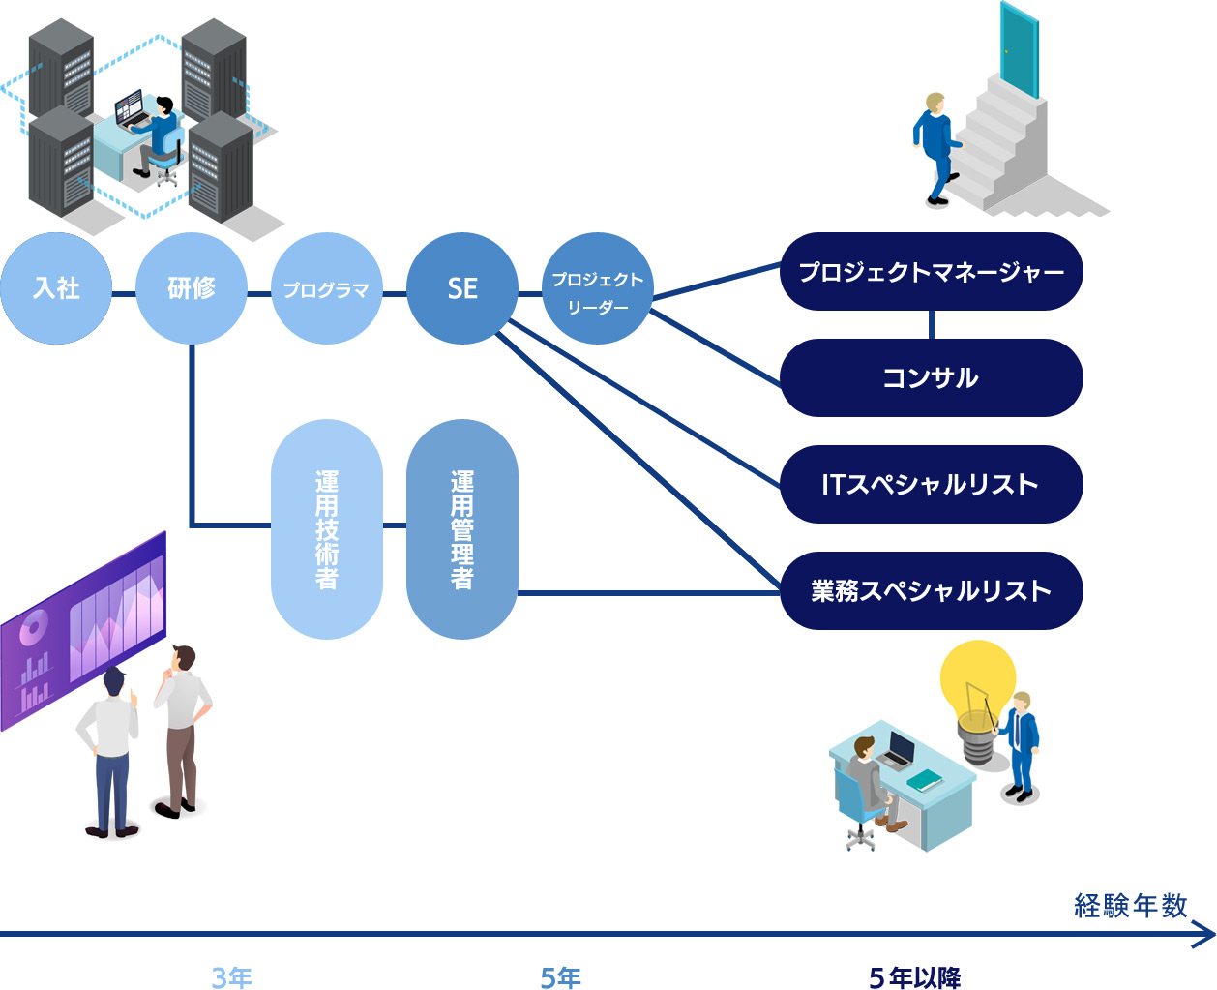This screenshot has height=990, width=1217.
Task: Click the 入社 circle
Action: click(56, 288)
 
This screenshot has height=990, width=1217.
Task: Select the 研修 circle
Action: click(192, 288)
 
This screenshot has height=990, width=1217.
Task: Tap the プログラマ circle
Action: click(327, 288)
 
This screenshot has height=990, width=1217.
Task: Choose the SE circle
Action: click(462, 288)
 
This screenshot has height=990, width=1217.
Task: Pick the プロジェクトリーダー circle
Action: click(598, 288)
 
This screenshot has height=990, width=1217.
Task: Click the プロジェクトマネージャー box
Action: click(931, 272)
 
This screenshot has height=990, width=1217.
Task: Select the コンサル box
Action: click(931, 377)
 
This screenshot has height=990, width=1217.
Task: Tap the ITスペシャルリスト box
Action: click(931, 484)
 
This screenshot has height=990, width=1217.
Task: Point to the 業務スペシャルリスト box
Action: click(931, 590)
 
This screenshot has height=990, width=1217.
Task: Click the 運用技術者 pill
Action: click(327, 529)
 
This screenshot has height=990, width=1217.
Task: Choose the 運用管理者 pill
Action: click(462, 529)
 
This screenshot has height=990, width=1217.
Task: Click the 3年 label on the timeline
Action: click(232, 977)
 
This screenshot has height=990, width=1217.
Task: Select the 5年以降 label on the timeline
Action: click(915, 977)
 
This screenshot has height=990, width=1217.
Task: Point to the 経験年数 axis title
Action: click(1130, 906)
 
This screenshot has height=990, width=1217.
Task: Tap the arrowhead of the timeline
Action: click(1206, 935)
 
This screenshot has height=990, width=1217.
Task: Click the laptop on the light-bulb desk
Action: click(900, 750)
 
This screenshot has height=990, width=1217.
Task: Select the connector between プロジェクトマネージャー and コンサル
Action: click(931, 324)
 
